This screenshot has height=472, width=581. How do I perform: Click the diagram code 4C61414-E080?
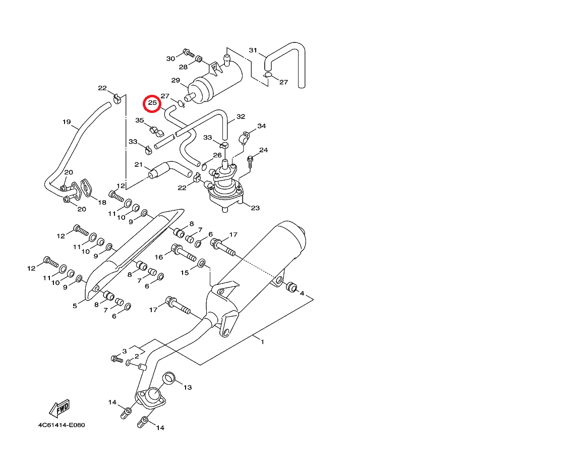62,425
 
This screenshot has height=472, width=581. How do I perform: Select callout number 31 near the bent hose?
253,50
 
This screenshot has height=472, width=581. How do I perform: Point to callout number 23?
255,208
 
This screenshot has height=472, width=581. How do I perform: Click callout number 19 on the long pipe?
67,122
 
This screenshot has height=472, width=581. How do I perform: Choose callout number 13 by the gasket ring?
188,387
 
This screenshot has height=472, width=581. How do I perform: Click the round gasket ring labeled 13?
169,377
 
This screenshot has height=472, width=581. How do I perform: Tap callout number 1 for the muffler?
262,341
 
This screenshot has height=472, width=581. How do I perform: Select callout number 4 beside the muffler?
302,293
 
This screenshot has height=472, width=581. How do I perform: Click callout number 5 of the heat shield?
75,306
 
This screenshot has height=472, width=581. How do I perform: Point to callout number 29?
176,81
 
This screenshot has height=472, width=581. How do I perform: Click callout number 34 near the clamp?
261,126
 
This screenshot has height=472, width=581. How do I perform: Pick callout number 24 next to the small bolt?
264,150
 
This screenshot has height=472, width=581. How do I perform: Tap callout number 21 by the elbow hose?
139,165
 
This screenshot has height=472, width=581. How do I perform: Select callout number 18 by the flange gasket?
102,202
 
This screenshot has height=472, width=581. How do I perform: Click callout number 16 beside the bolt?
159,257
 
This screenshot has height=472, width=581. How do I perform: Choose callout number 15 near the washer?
185,272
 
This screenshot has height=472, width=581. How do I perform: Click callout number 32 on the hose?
241,116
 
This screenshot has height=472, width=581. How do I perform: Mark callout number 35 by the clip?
140,121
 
